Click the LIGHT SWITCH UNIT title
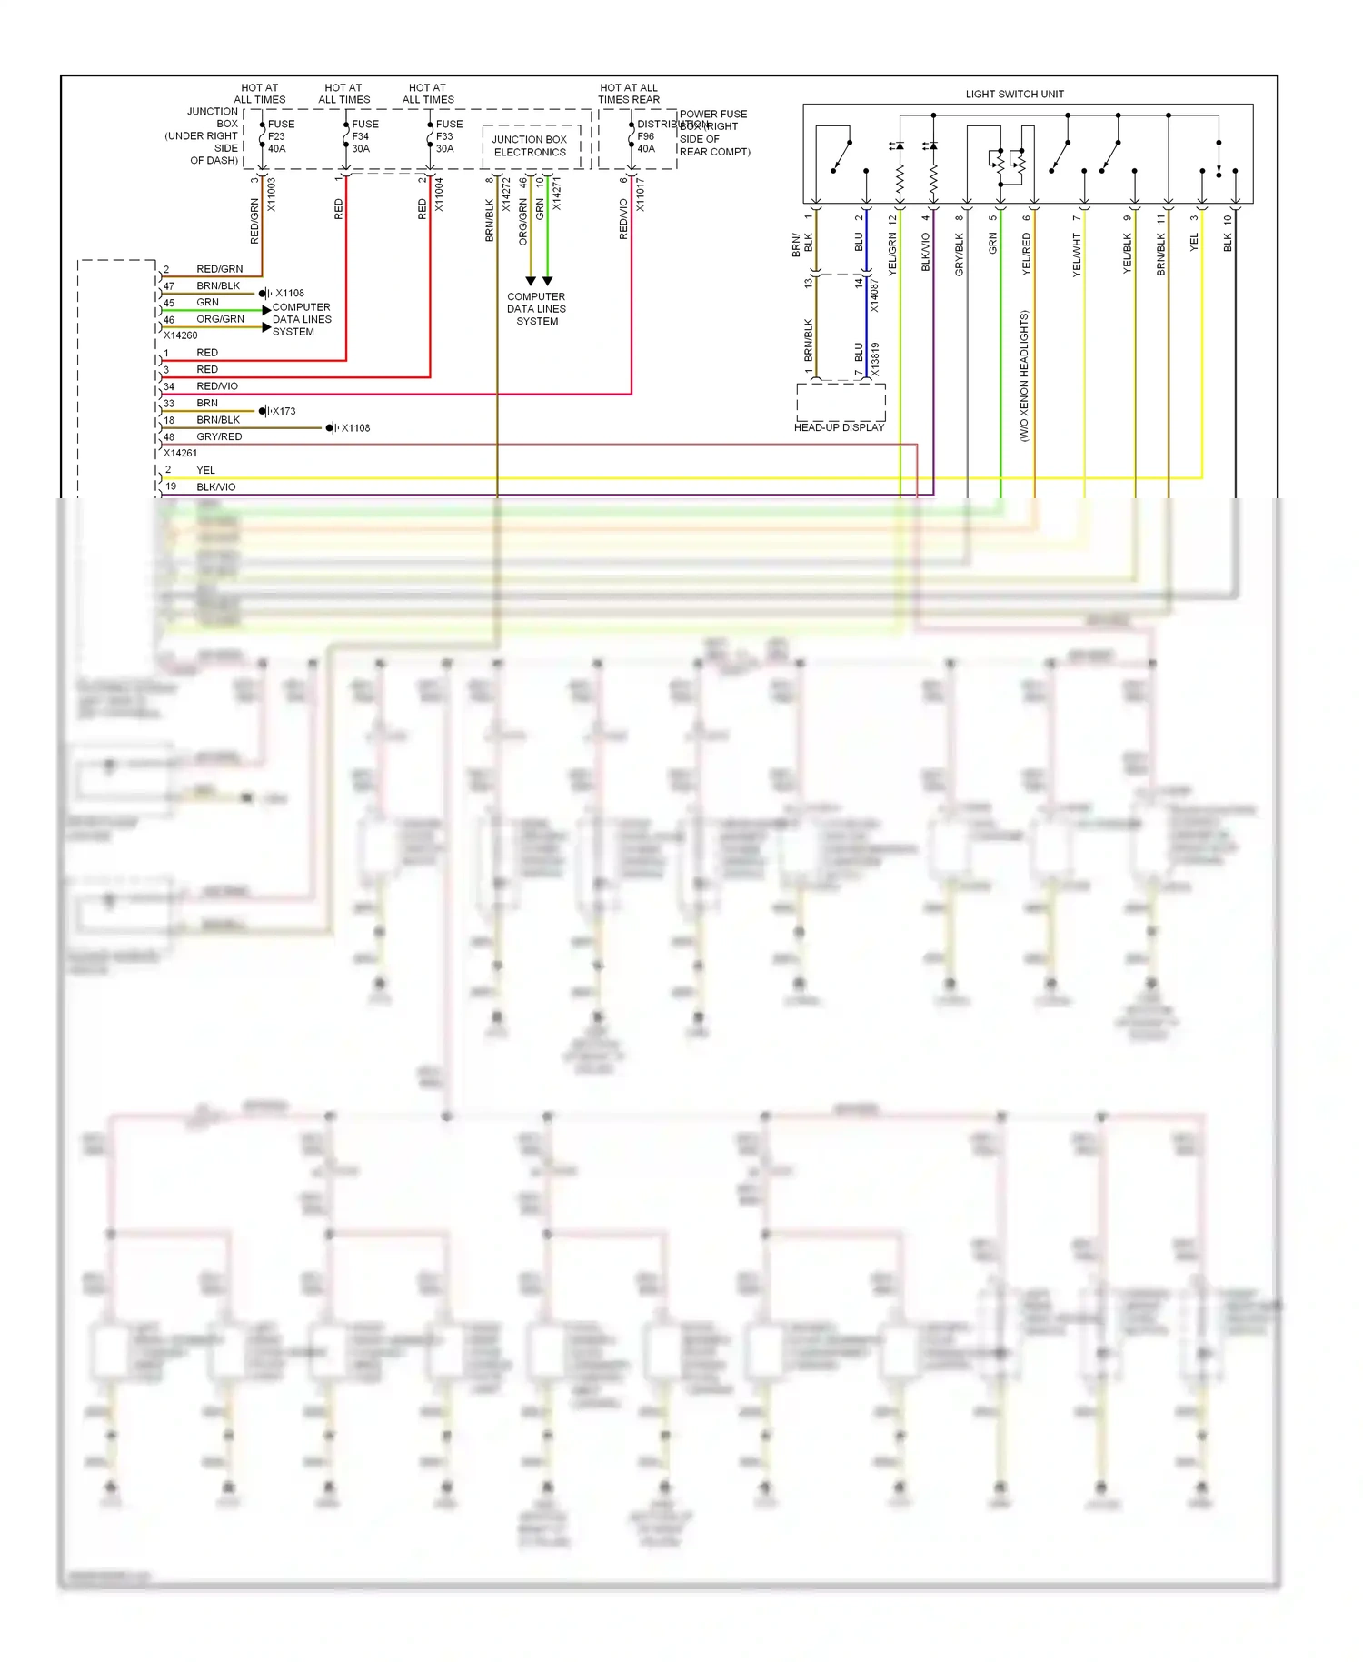coord(1014,94)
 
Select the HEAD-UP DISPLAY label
coord(839,427)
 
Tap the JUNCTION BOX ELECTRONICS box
coord(530,146)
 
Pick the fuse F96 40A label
coord(647,136)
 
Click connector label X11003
coord(272,195)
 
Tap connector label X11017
coord(641,195)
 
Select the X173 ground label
coord(284,411)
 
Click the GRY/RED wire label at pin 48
coord(219,436)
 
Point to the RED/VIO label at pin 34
coord(217,386)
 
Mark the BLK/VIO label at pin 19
coord(216,487)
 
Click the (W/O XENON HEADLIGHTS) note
coord(1024,375)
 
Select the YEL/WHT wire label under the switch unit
coord(1077,255)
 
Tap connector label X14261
coord(180,453)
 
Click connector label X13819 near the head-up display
coord(876,359)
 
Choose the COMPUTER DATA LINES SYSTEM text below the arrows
coord(536,309)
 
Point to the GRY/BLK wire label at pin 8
coord(959,255)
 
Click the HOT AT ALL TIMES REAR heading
coord(629,94)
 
